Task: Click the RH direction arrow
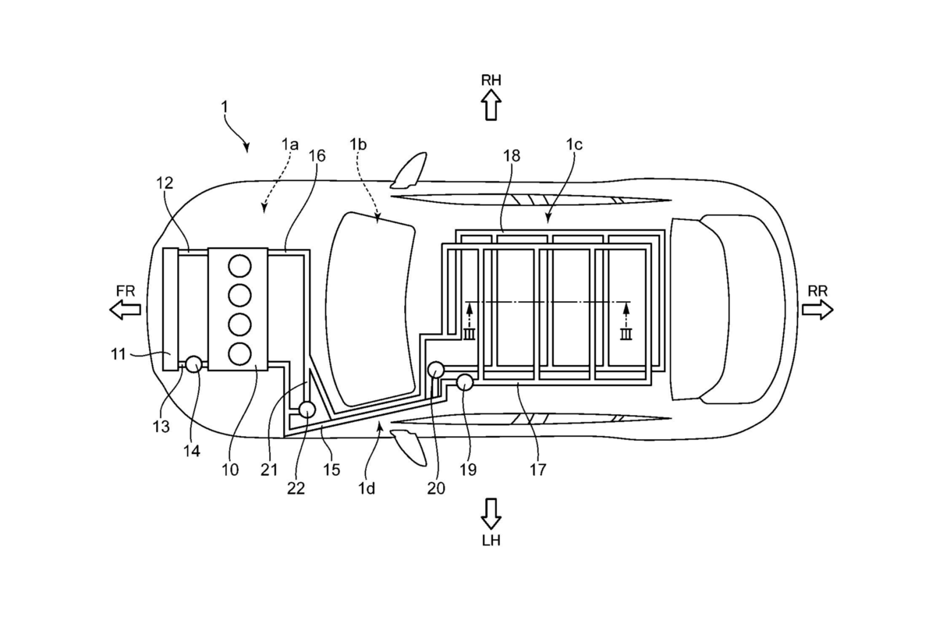tap(491, 104)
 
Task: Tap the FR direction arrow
tap(126, 309)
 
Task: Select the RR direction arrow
tap(817, 309)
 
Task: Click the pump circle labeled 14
tap(193, 363)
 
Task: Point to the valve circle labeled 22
tap(307, 409)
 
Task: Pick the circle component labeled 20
tap(436, 369)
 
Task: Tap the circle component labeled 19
tap(465, 382)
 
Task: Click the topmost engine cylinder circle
tap(239, 265)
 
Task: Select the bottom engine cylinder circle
tap(239, 353)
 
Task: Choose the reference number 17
tap(537, 470)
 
